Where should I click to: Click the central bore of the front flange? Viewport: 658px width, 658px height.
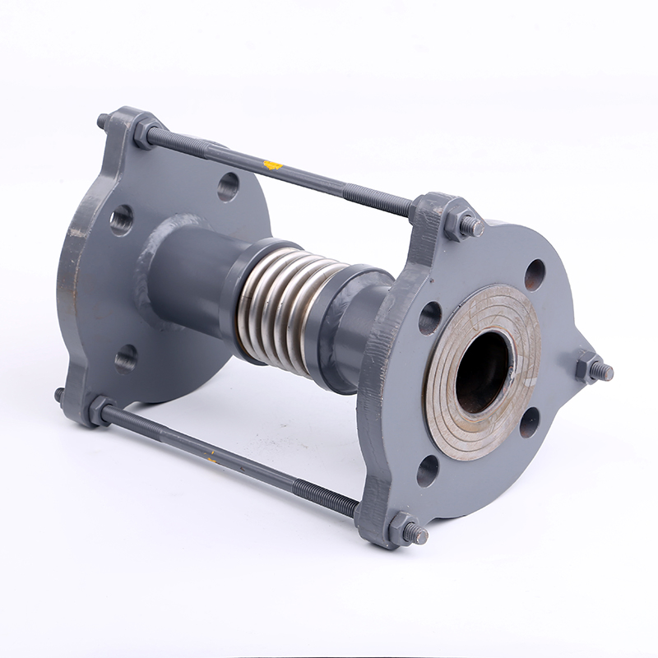click(484, 372)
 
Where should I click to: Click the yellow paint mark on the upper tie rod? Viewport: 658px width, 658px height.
click(272, 165)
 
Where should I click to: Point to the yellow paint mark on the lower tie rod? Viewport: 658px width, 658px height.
click(212, 457)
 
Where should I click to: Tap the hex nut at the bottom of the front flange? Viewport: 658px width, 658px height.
click(403, 529)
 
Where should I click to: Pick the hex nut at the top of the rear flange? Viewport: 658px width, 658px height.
click(146, 132)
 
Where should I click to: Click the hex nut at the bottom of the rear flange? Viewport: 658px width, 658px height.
click(101, 409)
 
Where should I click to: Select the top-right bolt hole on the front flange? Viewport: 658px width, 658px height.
click(535, 274)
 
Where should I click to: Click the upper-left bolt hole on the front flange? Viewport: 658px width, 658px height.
click(429, 318)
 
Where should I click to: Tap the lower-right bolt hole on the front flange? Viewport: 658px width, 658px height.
click(530, 422)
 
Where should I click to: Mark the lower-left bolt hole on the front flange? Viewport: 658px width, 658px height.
click(428, 471)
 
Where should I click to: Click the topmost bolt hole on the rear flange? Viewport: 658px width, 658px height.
click(228, 188)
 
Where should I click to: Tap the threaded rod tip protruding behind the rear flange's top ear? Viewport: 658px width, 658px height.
click(104, 121)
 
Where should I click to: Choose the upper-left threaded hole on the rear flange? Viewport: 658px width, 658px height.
click(122, 220)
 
